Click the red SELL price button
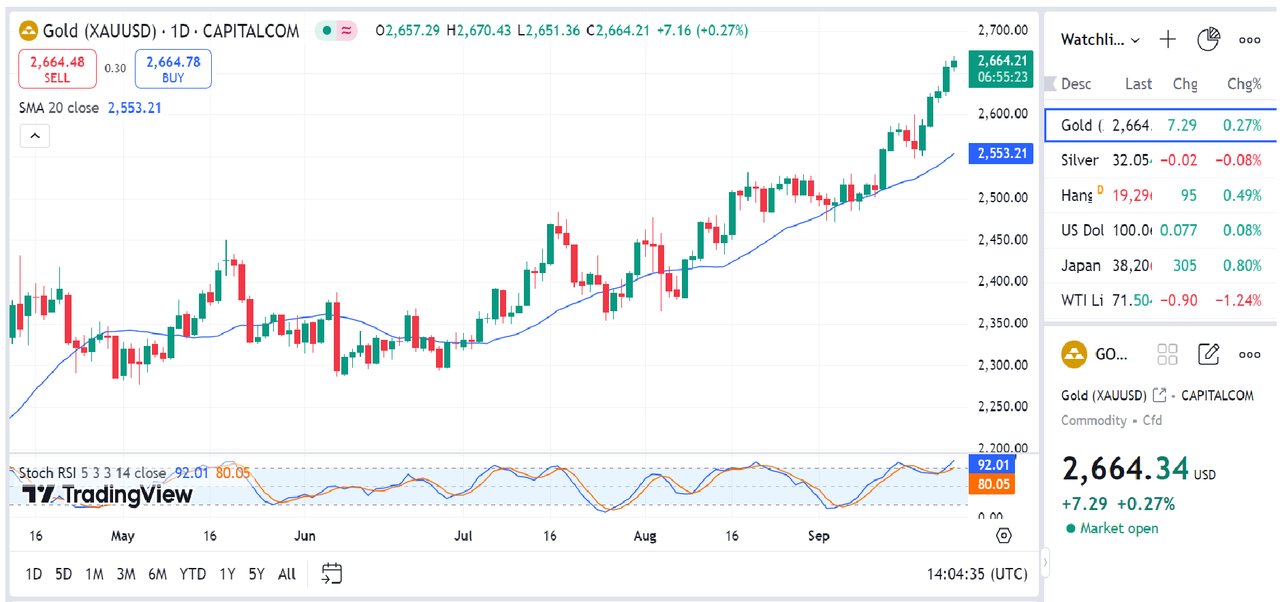(57, 69)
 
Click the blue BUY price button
(173, 69)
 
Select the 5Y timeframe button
(256, 574)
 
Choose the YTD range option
(192, 574)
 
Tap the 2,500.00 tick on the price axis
(1002, 197)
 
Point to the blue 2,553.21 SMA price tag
(1001, 153)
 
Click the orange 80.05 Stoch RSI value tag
(993, 484)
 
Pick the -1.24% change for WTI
(1238, 300)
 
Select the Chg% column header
(1244, 84)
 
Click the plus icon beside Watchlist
(1168, 39)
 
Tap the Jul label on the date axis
(463, 536)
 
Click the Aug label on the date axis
(644, 536)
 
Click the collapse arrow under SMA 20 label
(35, 136)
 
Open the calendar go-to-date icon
(332, 573)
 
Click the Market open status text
(1118, 528)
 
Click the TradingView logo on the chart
(108, 494)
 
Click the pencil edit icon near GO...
(1208, 354)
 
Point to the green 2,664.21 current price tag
(1001, 69)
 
